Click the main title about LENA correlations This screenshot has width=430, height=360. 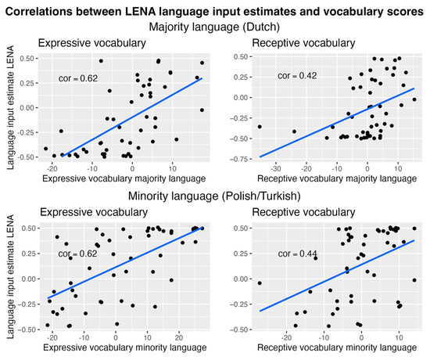(x=215, y=10)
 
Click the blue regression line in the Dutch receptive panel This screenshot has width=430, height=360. (x=336, y=123)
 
